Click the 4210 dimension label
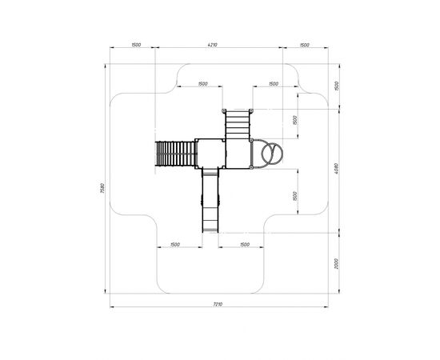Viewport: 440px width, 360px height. point(213,45)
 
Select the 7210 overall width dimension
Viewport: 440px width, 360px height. point(218,304)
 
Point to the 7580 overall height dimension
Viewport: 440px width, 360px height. point(102,188)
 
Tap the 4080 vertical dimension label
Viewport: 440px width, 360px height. point(337,168)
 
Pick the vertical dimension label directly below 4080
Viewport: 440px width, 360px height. point(337,264)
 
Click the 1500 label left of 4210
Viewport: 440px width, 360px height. point(136,45)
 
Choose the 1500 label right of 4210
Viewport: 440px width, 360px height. point(305,45)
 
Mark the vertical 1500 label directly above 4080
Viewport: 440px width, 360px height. point(337,86)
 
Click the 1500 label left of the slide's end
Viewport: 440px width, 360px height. point(175,245)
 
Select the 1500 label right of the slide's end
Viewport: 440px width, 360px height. point(245,245)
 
